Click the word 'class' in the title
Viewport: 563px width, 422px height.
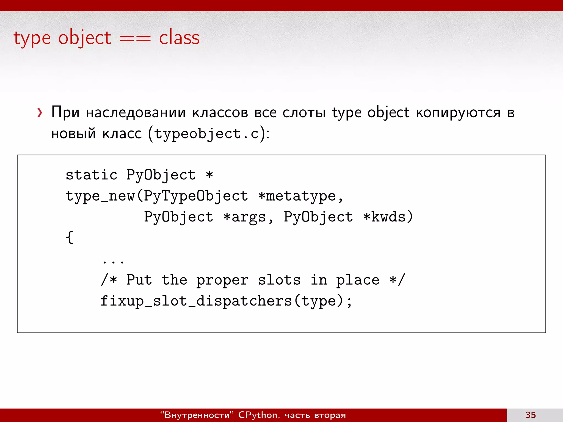[x=179, y=38]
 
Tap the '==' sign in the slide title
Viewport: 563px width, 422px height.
[x=135, y=38]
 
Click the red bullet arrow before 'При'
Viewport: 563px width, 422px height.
[x=40, y=113]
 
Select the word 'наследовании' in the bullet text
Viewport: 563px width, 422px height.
[x=136, y=113]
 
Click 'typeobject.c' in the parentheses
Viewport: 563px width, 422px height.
[x=206, y=134]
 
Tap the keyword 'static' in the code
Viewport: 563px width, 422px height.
[x=92, y=175]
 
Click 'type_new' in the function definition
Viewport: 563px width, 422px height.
[x=100, y=196]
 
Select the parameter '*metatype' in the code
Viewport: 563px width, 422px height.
[x=297, y=196]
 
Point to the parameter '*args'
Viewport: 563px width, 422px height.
[x=244, y=217]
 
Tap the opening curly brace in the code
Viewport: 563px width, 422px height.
[x=70, y=237]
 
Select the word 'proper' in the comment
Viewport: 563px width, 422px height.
[x=222, y=281]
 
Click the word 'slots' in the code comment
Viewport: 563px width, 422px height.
[x=279, y=280]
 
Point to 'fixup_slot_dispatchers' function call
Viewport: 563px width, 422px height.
[x=196, y=301]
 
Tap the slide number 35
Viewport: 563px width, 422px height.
[x=530, y=415]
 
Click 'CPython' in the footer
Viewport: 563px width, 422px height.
[x=258, y=415]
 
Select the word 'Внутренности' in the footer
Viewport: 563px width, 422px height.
[x=197, y=415]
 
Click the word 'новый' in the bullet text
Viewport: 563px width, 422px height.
[x=73, y=134]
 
